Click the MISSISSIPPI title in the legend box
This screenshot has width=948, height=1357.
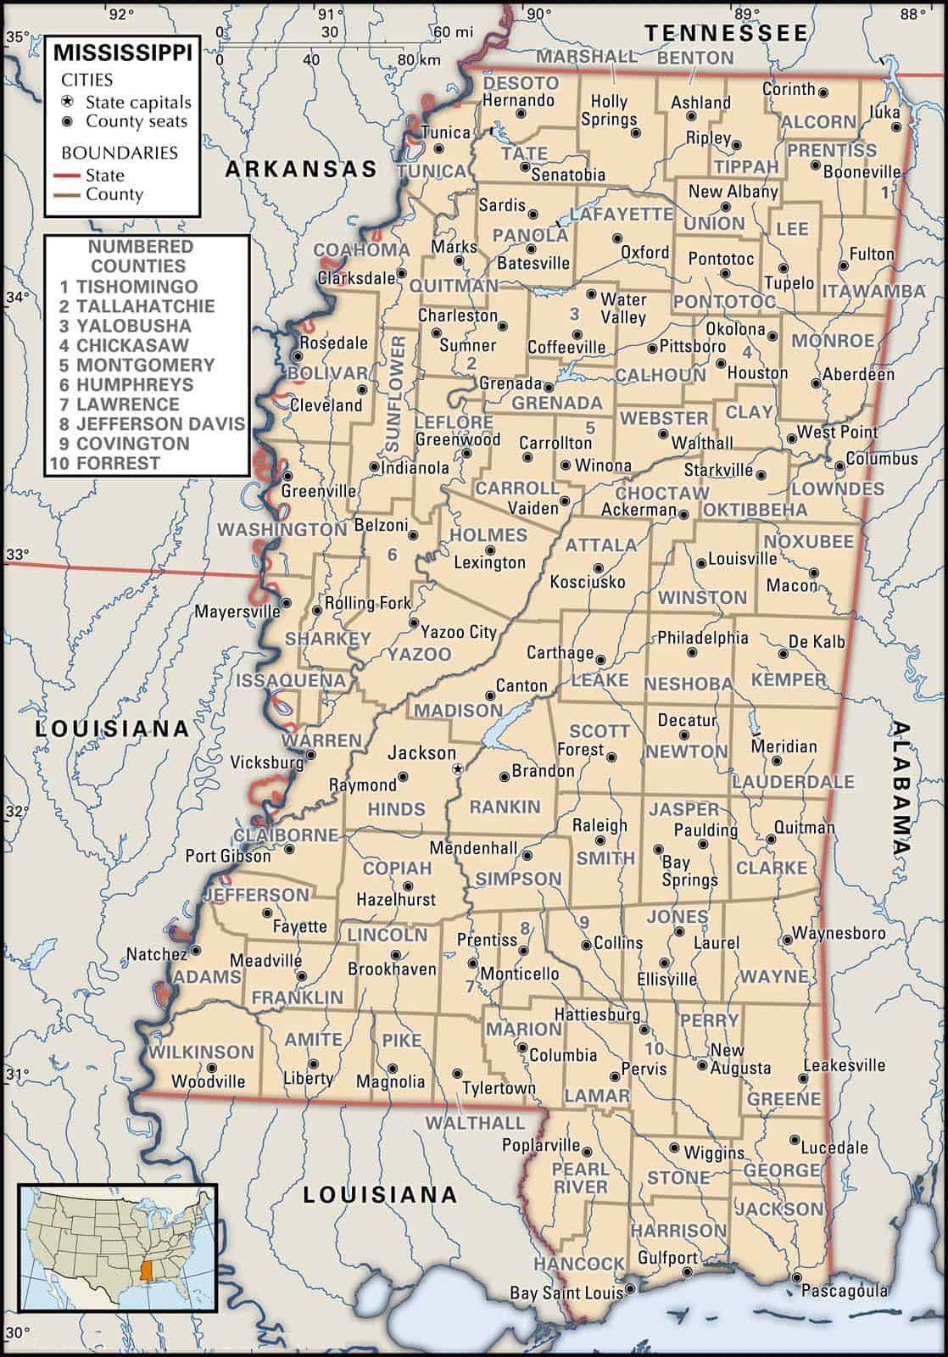123,53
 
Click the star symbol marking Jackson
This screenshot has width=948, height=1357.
458,769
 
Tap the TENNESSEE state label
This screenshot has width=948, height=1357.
727,33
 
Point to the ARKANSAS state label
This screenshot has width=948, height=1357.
300,169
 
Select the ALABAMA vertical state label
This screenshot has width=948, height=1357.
901,787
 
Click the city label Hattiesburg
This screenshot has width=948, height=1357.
597,1014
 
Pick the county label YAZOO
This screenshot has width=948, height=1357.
420,654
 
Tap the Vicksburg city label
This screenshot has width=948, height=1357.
266,762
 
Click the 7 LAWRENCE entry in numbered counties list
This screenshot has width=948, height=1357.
119,404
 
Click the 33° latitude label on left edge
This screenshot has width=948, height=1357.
17,555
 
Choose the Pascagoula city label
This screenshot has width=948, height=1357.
845,1291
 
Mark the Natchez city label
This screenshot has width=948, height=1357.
156,954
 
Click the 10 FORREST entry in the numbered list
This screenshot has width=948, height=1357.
105,463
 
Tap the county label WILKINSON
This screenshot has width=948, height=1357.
201,1052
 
